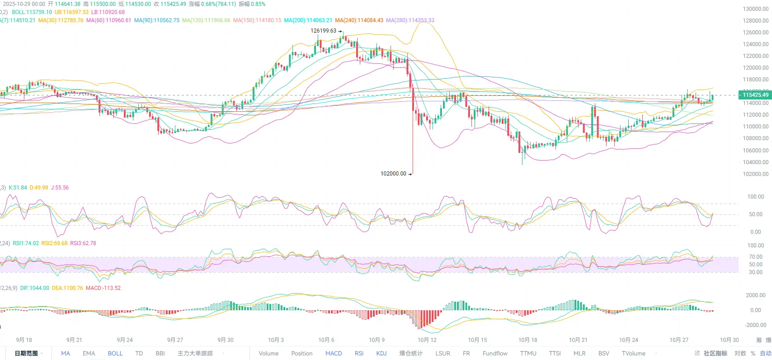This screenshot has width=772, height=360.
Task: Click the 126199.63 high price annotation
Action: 323,31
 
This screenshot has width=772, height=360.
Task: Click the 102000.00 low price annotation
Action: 393,174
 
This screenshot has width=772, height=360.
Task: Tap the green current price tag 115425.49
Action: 755,95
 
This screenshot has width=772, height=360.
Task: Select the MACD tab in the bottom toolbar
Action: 334,353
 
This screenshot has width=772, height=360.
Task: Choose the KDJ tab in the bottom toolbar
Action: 381,353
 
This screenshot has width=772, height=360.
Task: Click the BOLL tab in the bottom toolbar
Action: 115,353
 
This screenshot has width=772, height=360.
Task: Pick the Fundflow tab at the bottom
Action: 495,353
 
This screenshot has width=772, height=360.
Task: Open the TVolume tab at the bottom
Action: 633,353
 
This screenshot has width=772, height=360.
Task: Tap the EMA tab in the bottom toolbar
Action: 89,353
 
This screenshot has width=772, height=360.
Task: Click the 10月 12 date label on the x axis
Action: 427,340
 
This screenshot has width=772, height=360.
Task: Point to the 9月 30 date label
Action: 226,340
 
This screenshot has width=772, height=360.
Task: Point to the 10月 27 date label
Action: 679,340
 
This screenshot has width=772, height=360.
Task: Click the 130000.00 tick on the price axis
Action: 756,9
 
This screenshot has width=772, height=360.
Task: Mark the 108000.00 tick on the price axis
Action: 756,138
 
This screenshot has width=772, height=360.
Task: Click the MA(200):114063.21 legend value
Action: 308,20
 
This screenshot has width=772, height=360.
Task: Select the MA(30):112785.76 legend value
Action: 61,20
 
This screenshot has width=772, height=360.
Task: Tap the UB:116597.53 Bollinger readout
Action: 71,12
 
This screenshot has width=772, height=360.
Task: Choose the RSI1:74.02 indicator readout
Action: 26,243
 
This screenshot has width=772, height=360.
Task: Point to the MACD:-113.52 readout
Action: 103,288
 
